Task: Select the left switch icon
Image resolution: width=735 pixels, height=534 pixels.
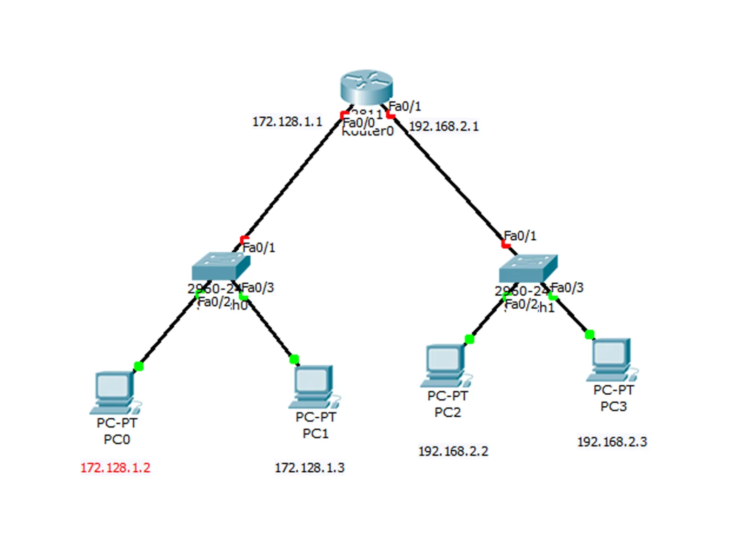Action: (221, 266)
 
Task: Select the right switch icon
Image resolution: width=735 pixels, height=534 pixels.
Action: (528, 268)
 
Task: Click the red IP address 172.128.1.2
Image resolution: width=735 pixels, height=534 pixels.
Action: (115, 467)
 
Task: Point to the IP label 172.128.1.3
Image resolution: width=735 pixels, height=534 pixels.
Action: (310, 467)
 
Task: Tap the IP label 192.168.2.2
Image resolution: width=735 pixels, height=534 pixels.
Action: (453, 451)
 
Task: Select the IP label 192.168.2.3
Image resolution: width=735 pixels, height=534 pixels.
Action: (612, 442)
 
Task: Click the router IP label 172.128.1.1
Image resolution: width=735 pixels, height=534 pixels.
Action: (287, 122)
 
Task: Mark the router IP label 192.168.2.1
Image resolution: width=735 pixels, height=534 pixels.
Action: (444, 126)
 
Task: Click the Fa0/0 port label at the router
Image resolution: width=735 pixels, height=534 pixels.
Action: (359, 123)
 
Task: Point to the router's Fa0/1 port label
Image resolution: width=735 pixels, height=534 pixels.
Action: (405, 106)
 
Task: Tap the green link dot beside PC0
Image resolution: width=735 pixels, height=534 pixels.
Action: (139, 367)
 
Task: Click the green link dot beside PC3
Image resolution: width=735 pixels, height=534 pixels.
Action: (590, 334)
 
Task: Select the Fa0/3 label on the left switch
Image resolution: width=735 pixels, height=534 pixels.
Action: (258, 288)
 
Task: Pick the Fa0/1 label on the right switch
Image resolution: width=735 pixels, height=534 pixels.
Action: (520, 236)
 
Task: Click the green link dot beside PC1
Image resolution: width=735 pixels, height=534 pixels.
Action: (294, 359)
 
